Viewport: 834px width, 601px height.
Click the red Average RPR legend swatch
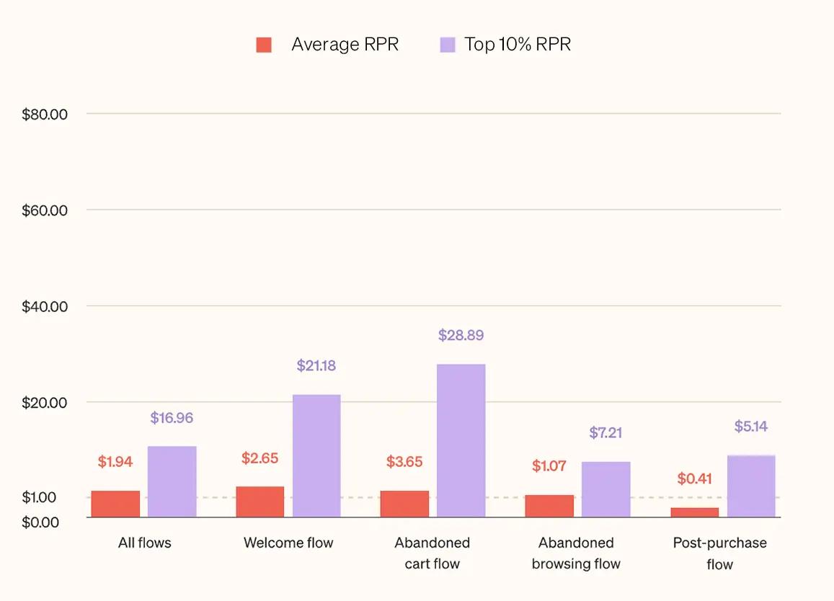click(264, 45)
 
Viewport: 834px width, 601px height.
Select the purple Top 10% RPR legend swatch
click(448, 45)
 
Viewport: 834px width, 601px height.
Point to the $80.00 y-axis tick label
click(45, 115)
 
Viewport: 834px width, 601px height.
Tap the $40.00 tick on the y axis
click(45, 307)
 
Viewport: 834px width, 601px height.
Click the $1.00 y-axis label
click(39, 497)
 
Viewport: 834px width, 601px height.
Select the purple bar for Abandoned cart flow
click(461, 440)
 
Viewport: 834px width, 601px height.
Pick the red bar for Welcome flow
click(260, 502)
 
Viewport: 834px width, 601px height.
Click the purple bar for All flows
click(172, 481)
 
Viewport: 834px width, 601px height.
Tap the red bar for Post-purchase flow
click(694, 512)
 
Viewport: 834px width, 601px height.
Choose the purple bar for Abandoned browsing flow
click(606, 489)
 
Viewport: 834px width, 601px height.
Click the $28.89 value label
click(461, 335)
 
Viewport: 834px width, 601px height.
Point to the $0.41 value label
click(695, 478)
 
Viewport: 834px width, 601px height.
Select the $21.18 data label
click(316, 365)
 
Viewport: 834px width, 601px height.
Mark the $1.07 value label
click(549, 466)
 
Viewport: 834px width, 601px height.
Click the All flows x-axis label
click(145, 543)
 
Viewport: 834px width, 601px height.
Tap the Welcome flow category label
click(288, 543)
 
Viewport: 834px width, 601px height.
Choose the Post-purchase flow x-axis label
click(719, 553)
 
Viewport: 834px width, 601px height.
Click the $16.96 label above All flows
click(172, 418)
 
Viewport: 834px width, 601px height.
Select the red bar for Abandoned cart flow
click(404, 504)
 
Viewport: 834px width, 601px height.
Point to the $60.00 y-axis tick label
click(45, 210)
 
